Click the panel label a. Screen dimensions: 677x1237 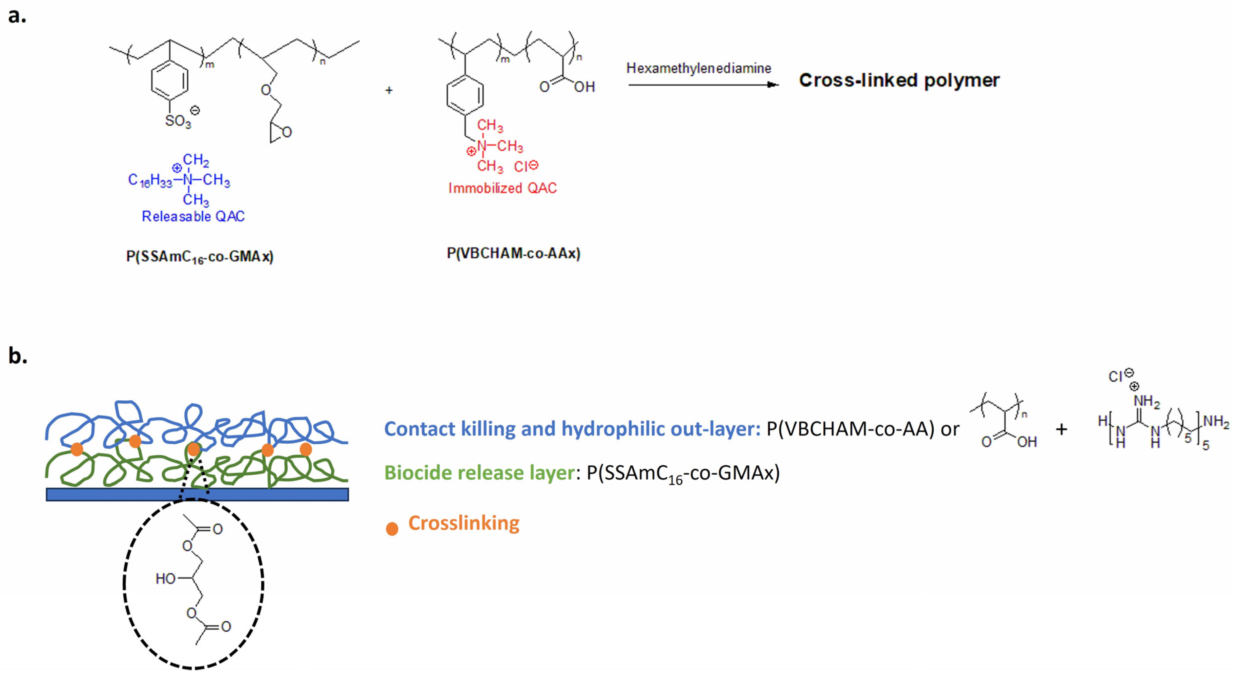click(17, 16)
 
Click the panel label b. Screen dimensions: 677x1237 click(18, 356)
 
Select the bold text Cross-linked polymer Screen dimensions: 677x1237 click(899, 80)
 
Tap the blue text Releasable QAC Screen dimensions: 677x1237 click(193, 216)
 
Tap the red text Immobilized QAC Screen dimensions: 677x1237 click(502, 188)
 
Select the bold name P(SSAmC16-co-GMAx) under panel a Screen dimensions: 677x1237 click(199, 257)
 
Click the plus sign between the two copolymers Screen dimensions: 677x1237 click(389, 90)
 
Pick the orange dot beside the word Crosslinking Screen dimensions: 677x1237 click(392, 529)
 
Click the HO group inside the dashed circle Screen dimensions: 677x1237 click(166, 579)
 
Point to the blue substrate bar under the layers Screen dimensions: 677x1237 click(197, 494)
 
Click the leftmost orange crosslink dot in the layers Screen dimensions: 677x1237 click(77, 449)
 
